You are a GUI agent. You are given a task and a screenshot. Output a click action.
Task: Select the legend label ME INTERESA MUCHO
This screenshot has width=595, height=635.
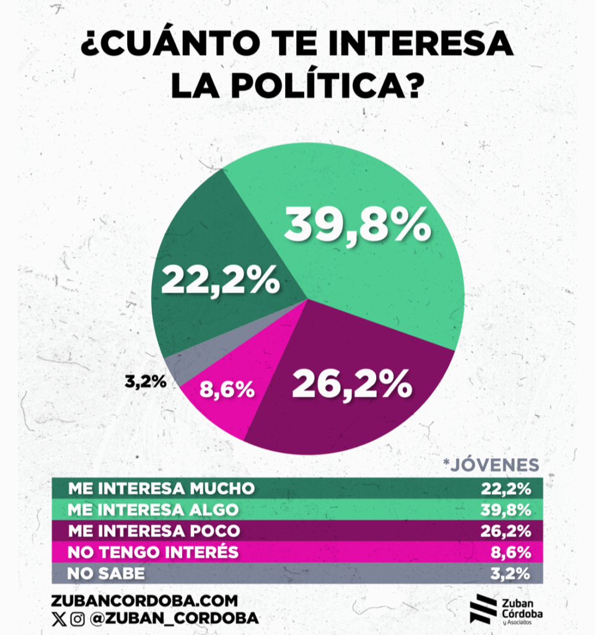point(161,488)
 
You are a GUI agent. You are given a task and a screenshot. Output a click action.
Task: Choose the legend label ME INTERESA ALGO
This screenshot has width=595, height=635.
point(153,510)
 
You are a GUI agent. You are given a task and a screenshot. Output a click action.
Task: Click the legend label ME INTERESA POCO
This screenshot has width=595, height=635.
point(154,531)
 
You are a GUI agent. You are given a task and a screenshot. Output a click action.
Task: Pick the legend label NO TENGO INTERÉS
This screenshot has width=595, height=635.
point(153,552)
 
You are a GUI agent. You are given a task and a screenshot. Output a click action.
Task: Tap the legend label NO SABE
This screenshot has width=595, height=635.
point(106,574)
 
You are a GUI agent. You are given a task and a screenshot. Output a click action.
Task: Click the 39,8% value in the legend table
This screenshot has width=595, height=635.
point(506,510)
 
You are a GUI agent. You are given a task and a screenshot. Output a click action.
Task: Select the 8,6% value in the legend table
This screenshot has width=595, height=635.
point(512,552)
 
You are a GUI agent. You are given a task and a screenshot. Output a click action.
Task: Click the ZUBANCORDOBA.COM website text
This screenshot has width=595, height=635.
point(145,600)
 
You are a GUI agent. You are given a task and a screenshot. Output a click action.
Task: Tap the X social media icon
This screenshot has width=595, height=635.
point(59,619)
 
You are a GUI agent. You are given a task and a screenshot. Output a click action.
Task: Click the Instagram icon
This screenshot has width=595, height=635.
point(77,619)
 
